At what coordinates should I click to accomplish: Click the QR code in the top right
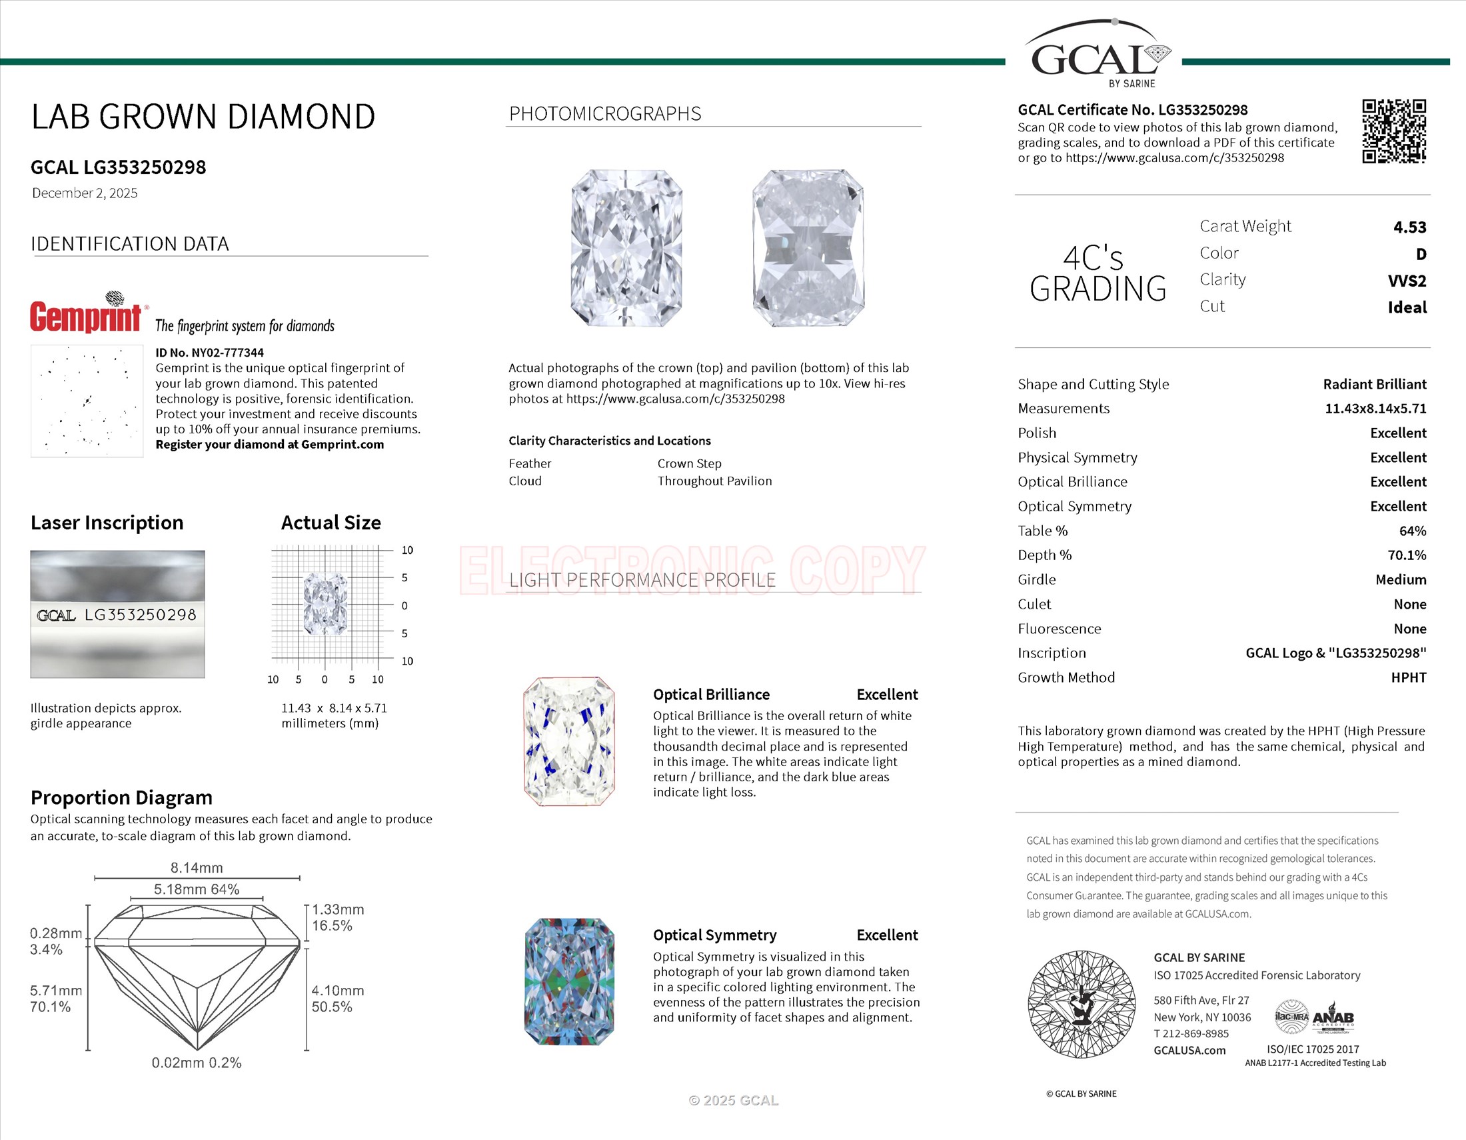tap(1393, 131)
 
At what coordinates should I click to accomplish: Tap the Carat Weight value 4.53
tap(1409, 227)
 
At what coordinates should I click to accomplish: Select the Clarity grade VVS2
tap(1406, 281)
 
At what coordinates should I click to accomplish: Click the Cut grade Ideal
tap(1406, 307)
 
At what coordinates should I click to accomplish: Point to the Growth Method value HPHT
tap(1407, 677)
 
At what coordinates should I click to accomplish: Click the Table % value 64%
tap(1411, 531)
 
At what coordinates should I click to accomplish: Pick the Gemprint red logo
tap(86, 316)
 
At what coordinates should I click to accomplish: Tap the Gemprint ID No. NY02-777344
tap(209, 353)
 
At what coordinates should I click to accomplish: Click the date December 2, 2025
tap(85, 193)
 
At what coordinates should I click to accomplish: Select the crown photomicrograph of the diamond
tap(626, 249)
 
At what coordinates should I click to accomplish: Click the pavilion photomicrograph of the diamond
tap(808, 249)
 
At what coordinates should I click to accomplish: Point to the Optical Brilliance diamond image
tap(568, 741)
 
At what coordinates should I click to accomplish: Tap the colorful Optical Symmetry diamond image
tap(568, 981)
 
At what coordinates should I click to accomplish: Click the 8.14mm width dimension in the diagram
tap(196, 868)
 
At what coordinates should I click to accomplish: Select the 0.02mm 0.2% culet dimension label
tap(196, 1063)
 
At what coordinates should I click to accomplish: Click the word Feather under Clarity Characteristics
tap(530, 463)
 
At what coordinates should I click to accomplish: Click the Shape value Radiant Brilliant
tap(1374, 384)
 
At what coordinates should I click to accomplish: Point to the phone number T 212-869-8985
tap(1191, 1034)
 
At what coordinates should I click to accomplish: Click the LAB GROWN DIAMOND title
tap(203, 117)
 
